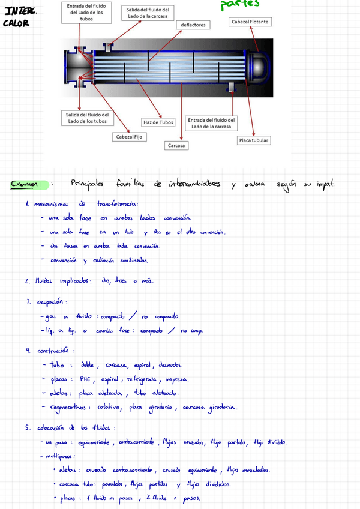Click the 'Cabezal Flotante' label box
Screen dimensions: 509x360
coord(251,22)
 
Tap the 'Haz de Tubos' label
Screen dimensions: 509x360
coord(158,122)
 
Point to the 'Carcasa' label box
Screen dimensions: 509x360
coord(176,146)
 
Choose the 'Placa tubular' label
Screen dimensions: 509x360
coord(253,140)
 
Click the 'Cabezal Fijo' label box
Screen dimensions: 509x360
coord(129,137)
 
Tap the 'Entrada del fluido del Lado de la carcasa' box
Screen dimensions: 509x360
coord(212,123)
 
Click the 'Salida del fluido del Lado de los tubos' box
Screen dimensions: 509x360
coord(87,118)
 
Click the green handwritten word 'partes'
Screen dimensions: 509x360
coord(239,4)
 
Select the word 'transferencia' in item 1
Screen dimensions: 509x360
coord(117,204)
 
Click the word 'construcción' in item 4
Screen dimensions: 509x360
coord(55,351)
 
